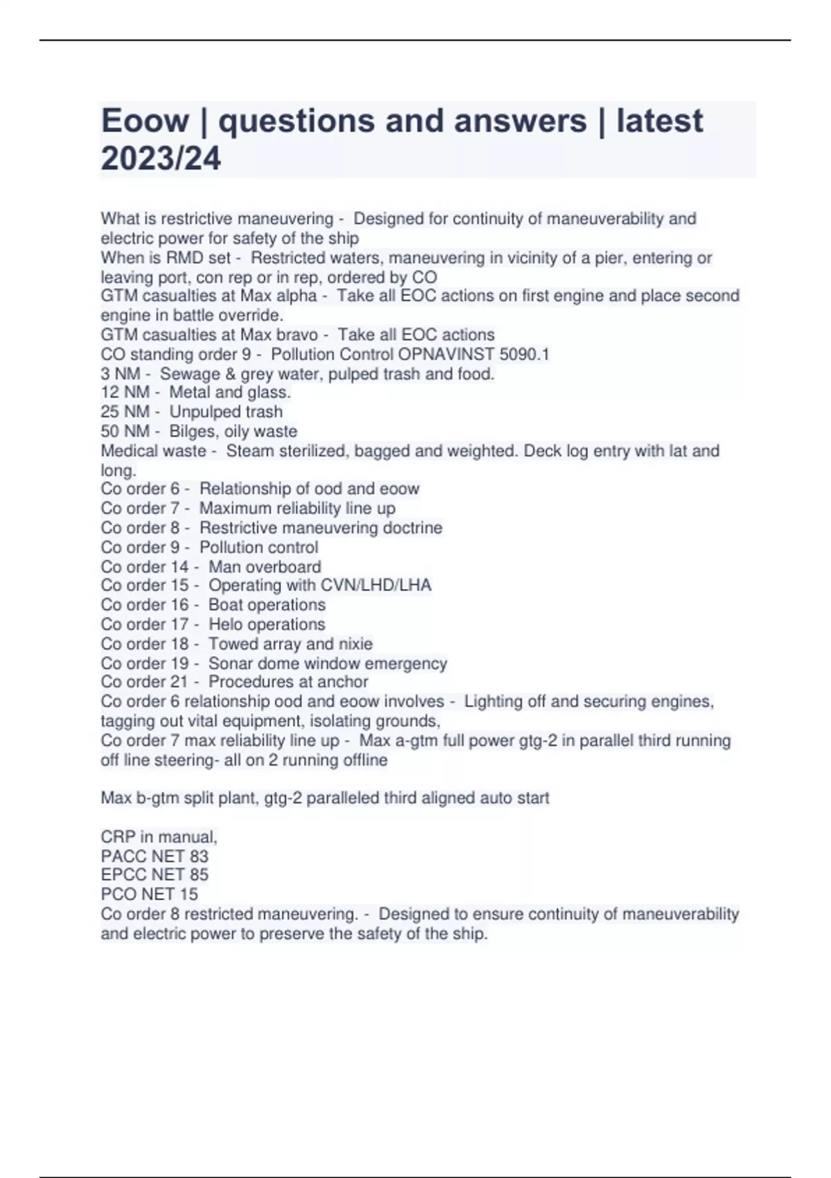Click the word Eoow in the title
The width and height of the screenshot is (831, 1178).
[145, 121]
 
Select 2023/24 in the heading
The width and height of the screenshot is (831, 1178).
[161, 158]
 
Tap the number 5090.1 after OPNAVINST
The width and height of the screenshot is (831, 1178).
[524, 355]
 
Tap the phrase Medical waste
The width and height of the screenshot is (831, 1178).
[153, 451]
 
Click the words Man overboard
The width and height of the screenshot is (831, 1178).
[265, 567]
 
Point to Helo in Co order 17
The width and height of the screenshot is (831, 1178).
[224, 624]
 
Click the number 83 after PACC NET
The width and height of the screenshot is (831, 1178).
[199, 856]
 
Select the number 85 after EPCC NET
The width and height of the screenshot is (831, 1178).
[199, 875]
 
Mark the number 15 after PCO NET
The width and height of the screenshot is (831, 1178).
[188, 895]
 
